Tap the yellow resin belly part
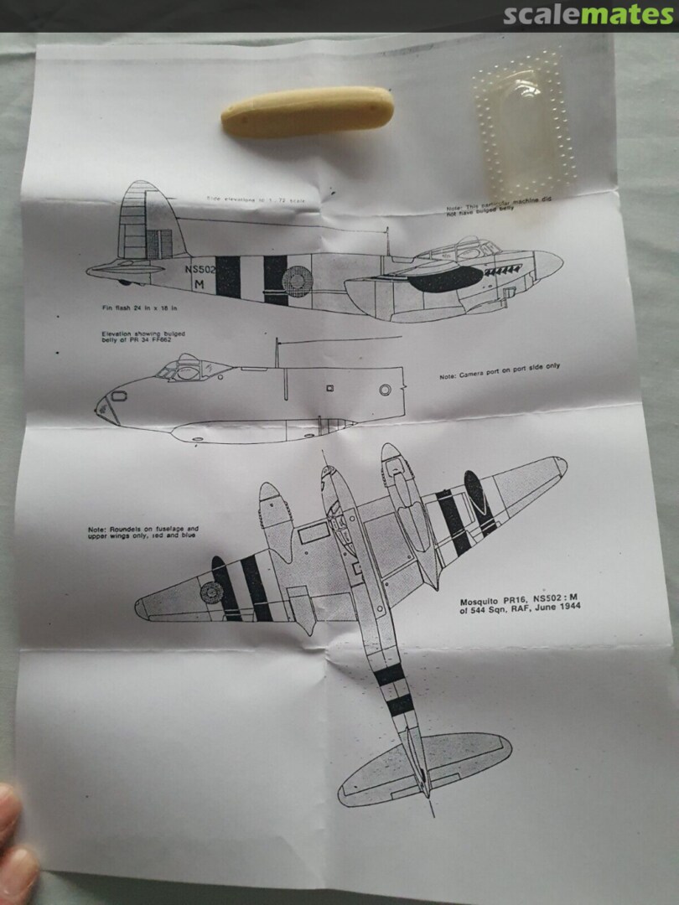tap(307, 111)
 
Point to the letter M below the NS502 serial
tap(199, 283)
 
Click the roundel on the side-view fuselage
tap(297, 278)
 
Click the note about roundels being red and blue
tap(143, 532)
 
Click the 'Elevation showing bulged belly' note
tap(143, 338)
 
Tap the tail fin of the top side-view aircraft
tap(144, 220)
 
